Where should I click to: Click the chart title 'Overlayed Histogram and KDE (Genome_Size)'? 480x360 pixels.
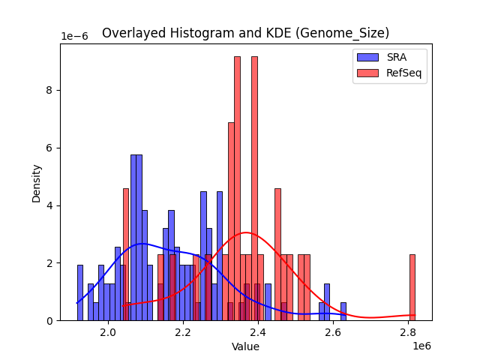tap(245, 33)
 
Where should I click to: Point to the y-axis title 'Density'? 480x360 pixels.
tap(36, 182)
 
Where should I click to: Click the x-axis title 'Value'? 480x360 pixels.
tap(245, 346)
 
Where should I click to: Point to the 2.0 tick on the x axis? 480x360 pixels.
tap(108, 332)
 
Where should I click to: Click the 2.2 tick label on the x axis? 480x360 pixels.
tap(183, 332)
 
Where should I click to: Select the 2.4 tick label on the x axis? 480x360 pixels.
tap(258, 332)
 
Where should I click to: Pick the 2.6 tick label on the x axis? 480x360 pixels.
tap(333, 332)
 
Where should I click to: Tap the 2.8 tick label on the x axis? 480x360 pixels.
tap(408, 332)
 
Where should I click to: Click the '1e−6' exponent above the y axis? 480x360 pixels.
tap(75, 37)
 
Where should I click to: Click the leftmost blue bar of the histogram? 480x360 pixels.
tap(80, 292)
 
